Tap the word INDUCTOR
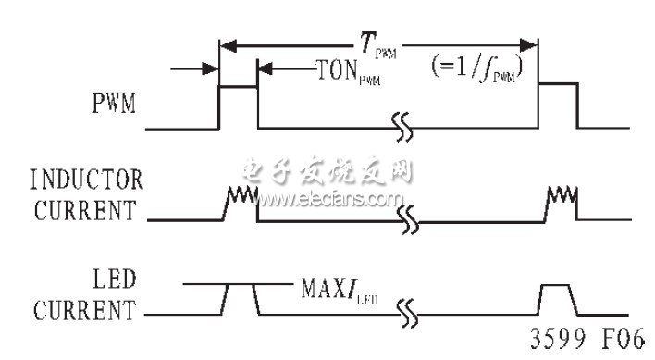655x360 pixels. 88,176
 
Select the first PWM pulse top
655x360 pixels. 238,86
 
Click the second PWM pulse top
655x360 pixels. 559,86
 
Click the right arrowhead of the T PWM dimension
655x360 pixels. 533,43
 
